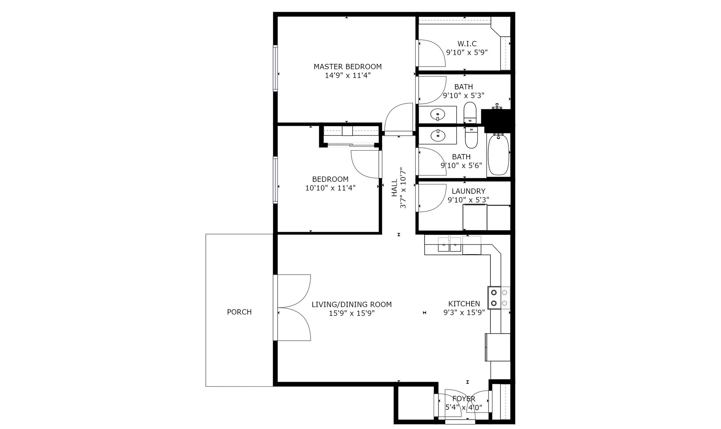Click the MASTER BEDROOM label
348,66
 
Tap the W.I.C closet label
467,44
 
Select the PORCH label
239,312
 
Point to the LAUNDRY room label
468,191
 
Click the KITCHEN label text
464,304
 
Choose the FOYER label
464,399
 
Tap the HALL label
394,188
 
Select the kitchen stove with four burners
499,298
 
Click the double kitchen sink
450,245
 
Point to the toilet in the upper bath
470,112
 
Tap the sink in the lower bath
437,135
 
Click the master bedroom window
275,68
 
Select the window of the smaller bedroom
275,180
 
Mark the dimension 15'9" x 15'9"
352,313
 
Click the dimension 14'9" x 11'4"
348,76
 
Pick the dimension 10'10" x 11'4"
330,188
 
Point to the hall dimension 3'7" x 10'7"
403,188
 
